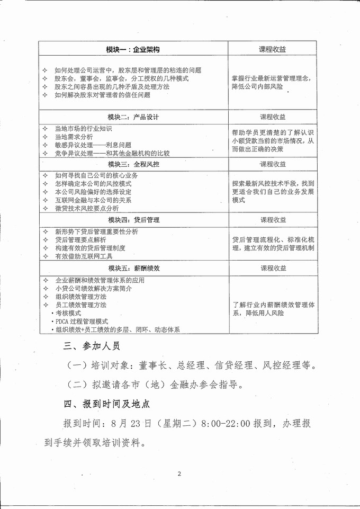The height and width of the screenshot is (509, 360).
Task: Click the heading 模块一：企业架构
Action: tap(133, 49)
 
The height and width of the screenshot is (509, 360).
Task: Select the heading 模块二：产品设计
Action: tap(133, 117)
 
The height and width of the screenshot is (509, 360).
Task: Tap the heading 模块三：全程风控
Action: tap(133, 164)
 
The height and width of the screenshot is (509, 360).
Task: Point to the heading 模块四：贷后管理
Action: tap(133, 220)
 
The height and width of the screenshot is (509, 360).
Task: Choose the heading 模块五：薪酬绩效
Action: tap(133, 268)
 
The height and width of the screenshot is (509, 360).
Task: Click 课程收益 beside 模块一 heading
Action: tap(272, 49)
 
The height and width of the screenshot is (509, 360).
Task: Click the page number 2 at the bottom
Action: tap(179, 474)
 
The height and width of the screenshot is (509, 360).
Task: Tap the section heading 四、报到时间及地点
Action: tap(107, 404)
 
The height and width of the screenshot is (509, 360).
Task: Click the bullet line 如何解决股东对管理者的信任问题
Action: tap(102, 95)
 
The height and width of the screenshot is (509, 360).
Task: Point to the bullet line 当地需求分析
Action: tap(74, 137)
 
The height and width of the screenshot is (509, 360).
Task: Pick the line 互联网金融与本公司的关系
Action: tap(93, 200)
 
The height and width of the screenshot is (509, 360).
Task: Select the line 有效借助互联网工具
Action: tap(84, 256)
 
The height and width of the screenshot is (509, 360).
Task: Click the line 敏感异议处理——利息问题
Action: tap(93, 145)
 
